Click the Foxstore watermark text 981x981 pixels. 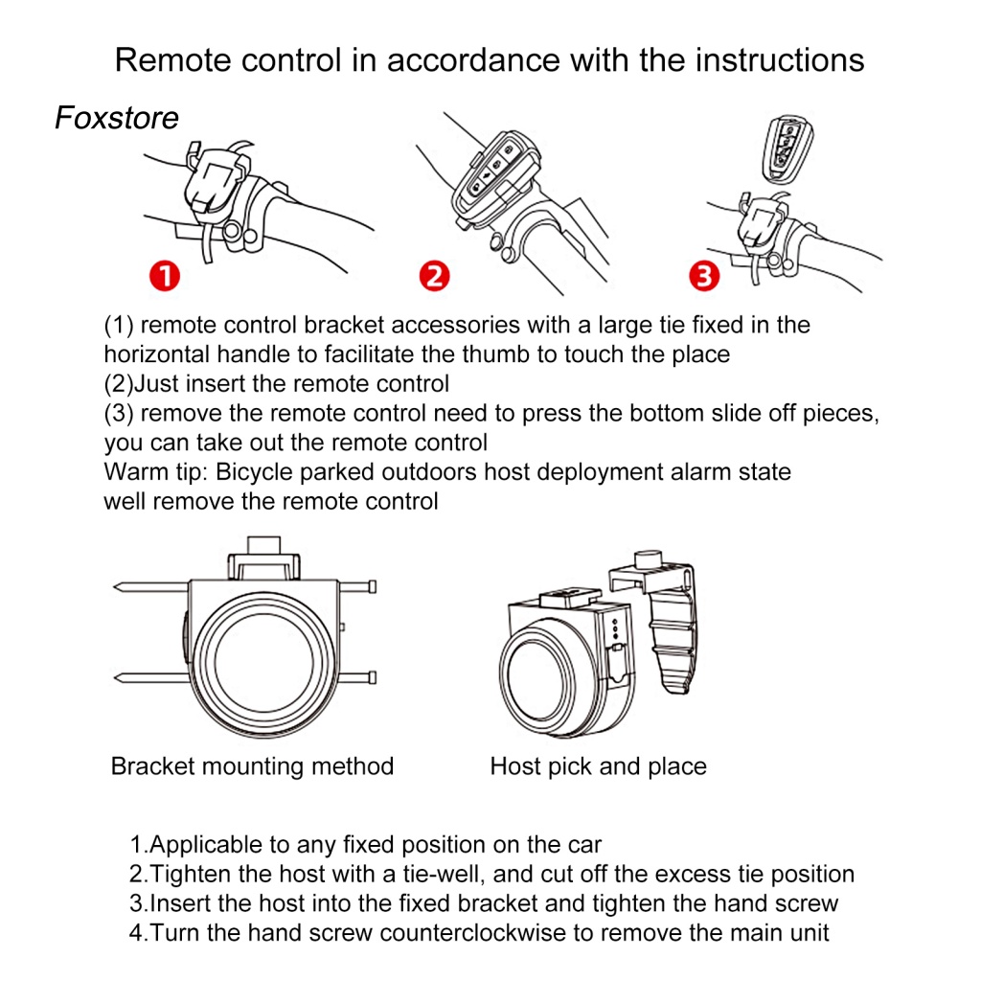[x=117, y=118]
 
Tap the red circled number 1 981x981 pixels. [x=166, y=278]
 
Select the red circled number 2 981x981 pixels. [x=434, y=278]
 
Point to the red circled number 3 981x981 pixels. [x=704, y=278]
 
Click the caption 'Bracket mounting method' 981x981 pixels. [x=252, y=766]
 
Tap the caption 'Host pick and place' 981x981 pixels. [x=598, y=766]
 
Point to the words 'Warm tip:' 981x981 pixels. [x=155, y=472]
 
